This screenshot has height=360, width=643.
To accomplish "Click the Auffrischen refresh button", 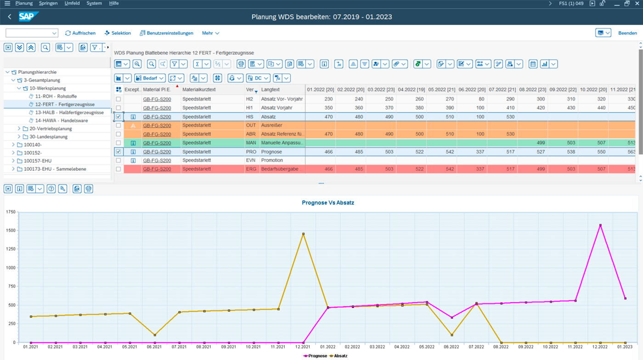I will tap(80, 33).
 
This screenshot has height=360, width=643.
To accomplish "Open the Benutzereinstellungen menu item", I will tap(166, 33).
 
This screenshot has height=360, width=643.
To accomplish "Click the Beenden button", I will tap(627, 33).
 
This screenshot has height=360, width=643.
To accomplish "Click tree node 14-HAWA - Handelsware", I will tap(61, 120).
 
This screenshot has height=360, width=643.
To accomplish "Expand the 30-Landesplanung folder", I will tap(19, 137).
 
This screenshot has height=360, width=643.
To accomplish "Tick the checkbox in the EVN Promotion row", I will tap(118, 160).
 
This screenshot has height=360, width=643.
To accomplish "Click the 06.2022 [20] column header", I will tap(472, 90).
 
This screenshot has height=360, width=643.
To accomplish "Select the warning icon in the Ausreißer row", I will tap(133, 125).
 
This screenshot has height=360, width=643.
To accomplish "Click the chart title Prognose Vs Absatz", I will tap(327, 202).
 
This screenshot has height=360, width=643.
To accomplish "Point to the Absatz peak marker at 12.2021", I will tap(303, 234).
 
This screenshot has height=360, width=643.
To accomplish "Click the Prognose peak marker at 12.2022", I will tap(600, 225).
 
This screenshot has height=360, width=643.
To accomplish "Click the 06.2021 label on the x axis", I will tap(154, 347).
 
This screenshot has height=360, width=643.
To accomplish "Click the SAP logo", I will tap(28, 17).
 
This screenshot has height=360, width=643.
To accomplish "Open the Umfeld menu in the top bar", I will tap(72, 3).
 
